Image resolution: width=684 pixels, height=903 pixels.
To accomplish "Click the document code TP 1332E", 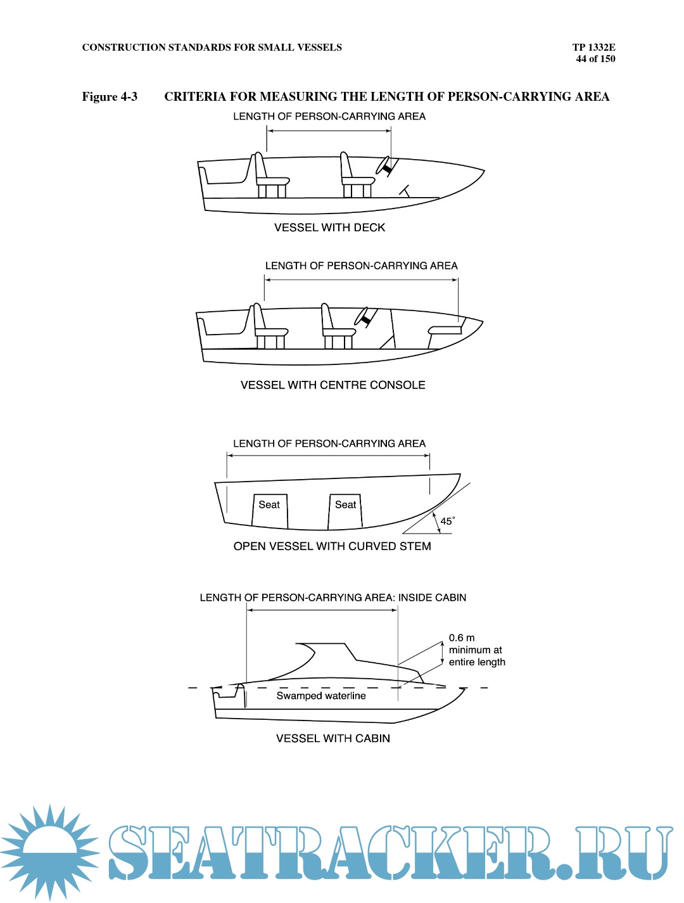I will (593, 47).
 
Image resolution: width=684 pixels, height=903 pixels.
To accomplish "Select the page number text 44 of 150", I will (595, 59).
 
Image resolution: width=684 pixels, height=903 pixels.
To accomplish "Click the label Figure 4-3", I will (110, 96).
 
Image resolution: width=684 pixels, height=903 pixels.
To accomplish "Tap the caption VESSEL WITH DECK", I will (329, 227).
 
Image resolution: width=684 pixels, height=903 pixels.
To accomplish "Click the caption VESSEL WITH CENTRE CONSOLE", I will (332, 385).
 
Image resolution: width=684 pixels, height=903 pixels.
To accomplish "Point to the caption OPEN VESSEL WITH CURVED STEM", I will (332, 546).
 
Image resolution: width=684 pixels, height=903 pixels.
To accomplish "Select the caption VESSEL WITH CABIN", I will (332, 738).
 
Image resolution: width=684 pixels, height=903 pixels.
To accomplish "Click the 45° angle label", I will (447, 521).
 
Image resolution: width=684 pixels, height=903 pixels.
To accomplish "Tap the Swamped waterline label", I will (321, 696).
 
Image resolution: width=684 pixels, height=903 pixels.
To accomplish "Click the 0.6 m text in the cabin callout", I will (462, 638).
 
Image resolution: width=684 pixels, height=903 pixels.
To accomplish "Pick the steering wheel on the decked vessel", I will (386, 166).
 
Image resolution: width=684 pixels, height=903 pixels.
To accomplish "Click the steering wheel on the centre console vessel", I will (364, 317).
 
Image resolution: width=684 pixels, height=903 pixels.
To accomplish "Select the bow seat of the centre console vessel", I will (445, 330).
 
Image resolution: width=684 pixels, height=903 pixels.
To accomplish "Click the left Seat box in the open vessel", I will (269, 511).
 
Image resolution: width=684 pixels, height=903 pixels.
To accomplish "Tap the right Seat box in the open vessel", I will (345, 511).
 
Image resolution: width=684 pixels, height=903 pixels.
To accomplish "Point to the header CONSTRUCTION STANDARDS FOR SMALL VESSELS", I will (212, 48).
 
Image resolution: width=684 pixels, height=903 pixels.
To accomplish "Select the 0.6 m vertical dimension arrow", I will (442, 653).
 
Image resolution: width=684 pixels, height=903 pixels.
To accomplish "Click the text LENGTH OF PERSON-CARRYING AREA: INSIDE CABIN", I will (332, 598).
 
